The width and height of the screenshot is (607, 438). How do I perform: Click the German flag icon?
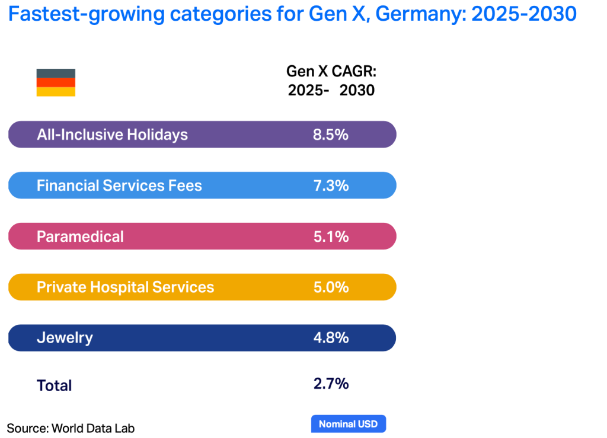point(56,82)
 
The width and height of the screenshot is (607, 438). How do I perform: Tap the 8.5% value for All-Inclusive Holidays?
point(330,135)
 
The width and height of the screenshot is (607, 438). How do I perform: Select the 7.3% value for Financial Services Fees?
point(330,186)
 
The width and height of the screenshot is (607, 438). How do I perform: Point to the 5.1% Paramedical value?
point(330,236)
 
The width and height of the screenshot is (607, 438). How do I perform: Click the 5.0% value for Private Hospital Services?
point(330,287)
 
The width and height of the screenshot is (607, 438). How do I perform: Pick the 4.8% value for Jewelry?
point(330,338)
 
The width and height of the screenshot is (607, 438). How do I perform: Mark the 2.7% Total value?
point(330,384)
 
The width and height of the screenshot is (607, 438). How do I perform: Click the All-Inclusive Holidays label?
point(112,135)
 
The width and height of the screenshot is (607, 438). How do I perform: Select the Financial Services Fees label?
point(119,186)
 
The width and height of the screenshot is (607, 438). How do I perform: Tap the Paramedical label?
point(80,236)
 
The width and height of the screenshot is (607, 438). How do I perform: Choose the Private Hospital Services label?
point(125,287)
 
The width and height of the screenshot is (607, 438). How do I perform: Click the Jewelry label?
point(65,338)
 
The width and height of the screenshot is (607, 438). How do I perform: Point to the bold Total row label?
point(54,385)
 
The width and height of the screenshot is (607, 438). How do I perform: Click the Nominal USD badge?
point(349,424)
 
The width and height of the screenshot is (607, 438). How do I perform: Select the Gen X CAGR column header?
point(331,81)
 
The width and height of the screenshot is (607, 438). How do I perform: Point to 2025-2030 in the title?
point(523,14)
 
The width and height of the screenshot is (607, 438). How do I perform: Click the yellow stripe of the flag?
point(56,92)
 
